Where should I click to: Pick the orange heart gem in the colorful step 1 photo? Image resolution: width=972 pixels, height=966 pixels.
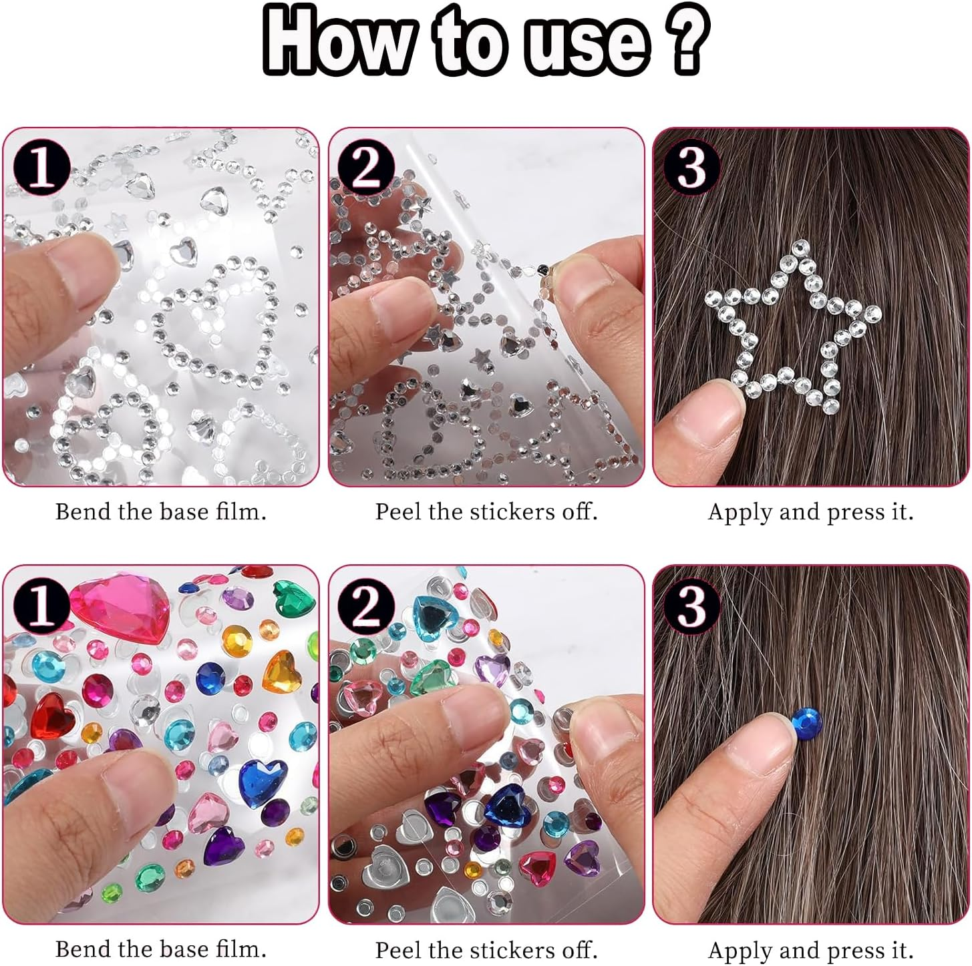(x=283, y=671)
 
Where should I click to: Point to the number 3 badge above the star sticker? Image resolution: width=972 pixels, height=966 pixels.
(x=691, y=167)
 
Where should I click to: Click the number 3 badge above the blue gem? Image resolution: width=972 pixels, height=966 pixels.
(x=691, y=604)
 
